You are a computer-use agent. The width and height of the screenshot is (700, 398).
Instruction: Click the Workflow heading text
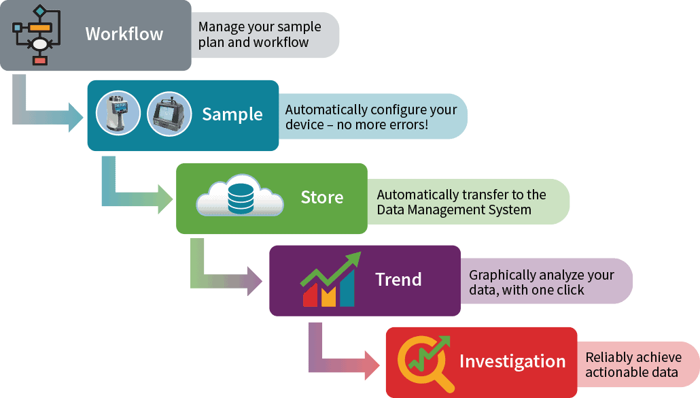(x=124, y=34)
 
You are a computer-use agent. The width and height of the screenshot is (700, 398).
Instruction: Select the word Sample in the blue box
(x=232, y=114)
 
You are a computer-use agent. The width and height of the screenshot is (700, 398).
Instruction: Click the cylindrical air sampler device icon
(x=118, y=114)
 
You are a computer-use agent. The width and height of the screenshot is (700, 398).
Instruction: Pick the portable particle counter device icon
(x=169, y=114)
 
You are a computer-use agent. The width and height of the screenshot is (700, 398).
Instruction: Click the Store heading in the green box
(x=321, y=197)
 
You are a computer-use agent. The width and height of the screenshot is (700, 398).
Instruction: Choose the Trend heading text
(x=398, y=280)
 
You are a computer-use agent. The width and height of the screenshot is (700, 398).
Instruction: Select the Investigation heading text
(x=512, y=361)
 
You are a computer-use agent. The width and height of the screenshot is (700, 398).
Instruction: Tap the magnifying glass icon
(x=423, y=361)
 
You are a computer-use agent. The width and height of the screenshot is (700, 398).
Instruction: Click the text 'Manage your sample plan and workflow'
(x=259, y=35)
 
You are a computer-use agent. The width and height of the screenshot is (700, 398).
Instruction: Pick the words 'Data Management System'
(x=454, y=210)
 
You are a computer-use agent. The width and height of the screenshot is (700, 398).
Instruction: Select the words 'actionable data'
(x=631, y=372)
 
